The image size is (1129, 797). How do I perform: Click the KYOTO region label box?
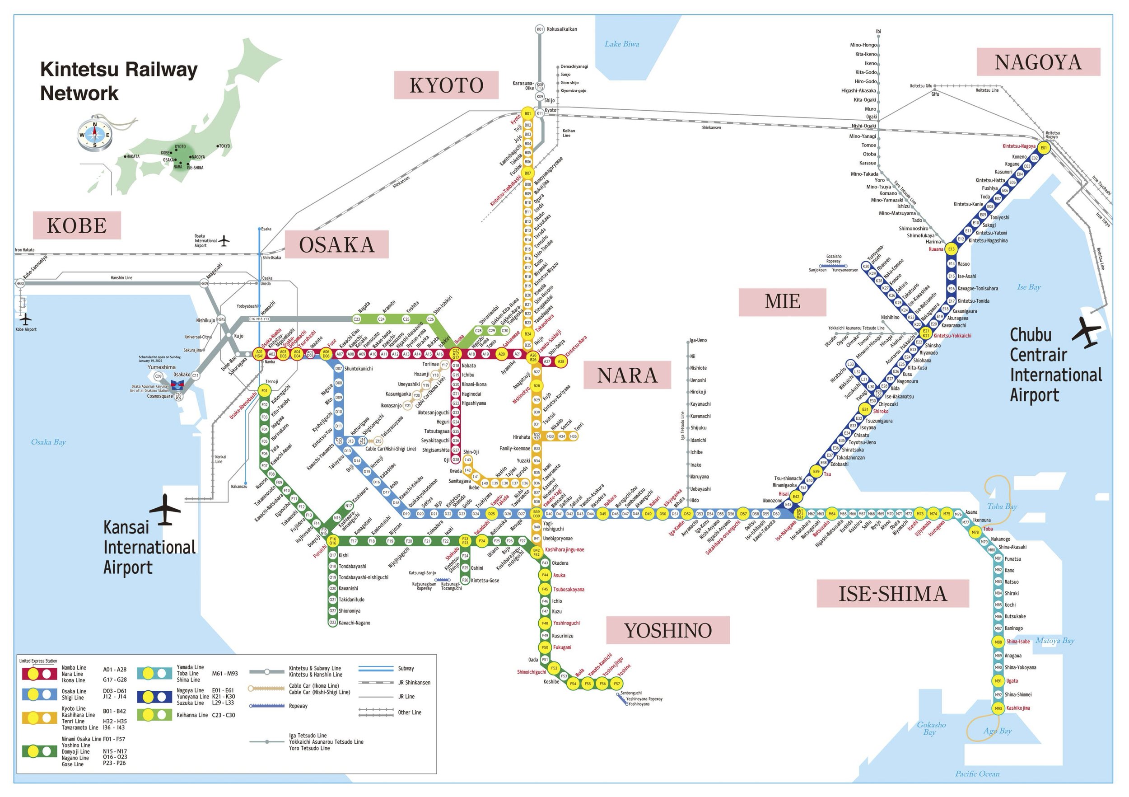(446, 85)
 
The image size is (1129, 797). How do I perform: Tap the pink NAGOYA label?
(1038, 62)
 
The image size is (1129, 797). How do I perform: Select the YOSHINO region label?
(668, 630)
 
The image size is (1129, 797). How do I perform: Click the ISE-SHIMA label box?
(892, 593)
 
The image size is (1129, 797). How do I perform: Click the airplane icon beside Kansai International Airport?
(165, 510)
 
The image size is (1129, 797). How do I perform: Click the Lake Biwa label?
(621, 44)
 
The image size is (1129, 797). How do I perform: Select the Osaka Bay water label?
(48, 442)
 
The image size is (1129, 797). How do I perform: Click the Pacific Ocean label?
(977, 774)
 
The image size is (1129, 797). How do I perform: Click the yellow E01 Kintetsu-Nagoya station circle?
(1044, 148)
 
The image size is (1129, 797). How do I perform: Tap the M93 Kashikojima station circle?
(998, 708)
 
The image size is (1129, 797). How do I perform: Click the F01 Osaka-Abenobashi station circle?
(265, 391)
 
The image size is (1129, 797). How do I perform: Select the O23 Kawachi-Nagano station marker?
(333, 622)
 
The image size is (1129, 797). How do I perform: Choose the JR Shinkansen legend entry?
(414, 682)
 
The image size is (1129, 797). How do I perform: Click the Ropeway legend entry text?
(298, 706)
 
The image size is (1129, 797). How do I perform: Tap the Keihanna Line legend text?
(192, 715)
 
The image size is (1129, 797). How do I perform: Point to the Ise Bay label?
(1029, 287)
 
